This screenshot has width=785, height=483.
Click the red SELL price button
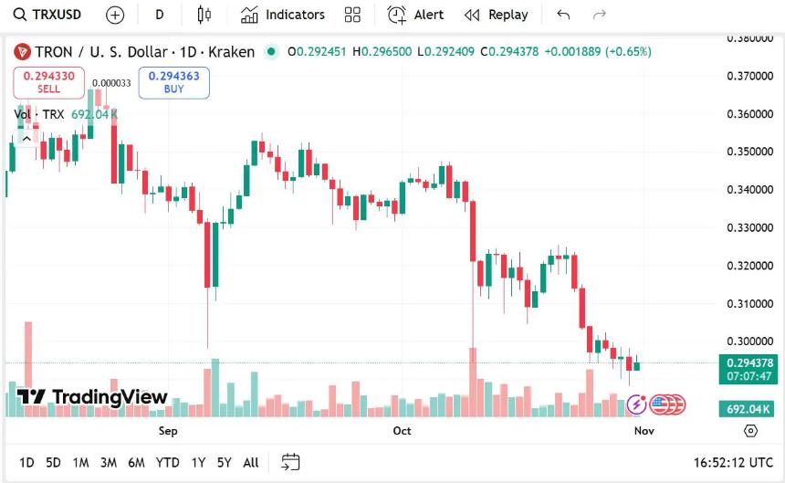pyautogui.click(x=48, y=82)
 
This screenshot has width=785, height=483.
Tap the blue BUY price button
pyautogui.click(x=173, y=82)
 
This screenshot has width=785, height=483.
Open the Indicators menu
pyautogui.click(x=283, y=15)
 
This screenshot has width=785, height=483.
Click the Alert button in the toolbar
pyautogui.click(x=416, y=15)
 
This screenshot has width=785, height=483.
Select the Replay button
pyautogui.click(x=497, y=15)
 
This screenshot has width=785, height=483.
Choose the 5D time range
pyautogui.click(x=53, y=462)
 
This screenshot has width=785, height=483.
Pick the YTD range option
pyautogui.click(x=167, y=462)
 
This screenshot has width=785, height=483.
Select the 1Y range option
pyautogui.click(x=198, y=462)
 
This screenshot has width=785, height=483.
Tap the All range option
pyautogui.click(x=251, y=462)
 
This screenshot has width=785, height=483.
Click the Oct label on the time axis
pyautogui.click(x=402, y=430)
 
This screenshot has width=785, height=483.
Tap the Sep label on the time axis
pyautogui.click(x=168, y=430)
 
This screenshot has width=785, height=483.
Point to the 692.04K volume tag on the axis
pyautogui.click(x=748, y=409)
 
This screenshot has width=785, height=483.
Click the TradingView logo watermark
pyautogui.click(x=93, y=397)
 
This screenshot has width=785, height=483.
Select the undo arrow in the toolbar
pyautogui.click(x=563, y=15)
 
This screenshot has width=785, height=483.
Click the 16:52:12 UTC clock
pyautogui.click(x=733, y=462)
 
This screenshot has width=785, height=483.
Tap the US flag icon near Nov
pyautogui.click(x=660, y=404)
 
